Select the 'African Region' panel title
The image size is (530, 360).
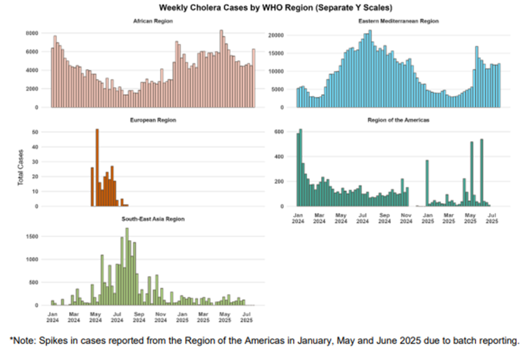coord(153,21)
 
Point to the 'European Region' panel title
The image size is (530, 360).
coord(153,120)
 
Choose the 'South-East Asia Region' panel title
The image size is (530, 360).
coord(153,219)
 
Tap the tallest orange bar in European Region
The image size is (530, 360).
coord(97,167)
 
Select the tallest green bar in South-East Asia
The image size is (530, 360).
coord(127,267)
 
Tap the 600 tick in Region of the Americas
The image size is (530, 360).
coord(280,132)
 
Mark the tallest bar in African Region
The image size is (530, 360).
coord(221,68)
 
